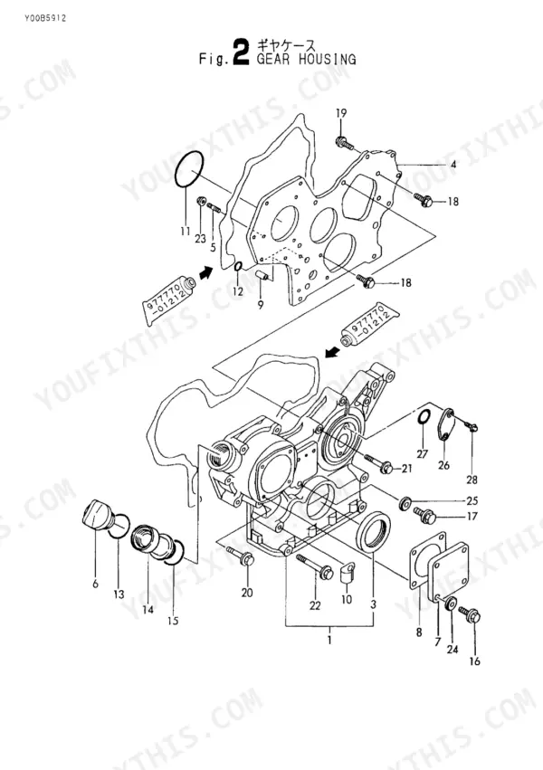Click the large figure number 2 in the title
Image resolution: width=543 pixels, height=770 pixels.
click(x=241, y=53)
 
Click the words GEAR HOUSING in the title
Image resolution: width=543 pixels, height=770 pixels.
click(x=307, y=60)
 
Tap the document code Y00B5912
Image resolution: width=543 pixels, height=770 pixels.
click(x=44, y=19)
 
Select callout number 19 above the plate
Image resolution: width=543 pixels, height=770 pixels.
click(x=341, y=113)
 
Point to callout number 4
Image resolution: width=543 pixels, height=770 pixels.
click(x=453, y=165)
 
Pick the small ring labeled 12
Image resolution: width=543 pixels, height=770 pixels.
click(x=239, y=267)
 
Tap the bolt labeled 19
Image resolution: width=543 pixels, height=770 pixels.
click(x=345, y=143)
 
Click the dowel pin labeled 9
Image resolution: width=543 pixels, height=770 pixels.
click(x=262, y=273)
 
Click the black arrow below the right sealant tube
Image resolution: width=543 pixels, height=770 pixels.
click(x=333, y=351)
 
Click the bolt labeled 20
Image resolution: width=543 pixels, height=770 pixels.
click(x=241, y=554)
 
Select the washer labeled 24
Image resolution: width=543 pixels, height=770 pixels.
click(x=451, y=604)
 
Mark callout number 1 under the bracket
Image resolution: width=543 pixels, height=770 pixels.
click(x=329, y=641)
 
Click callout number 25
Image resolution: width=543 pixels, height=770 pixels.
click(x=472, y=500)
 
